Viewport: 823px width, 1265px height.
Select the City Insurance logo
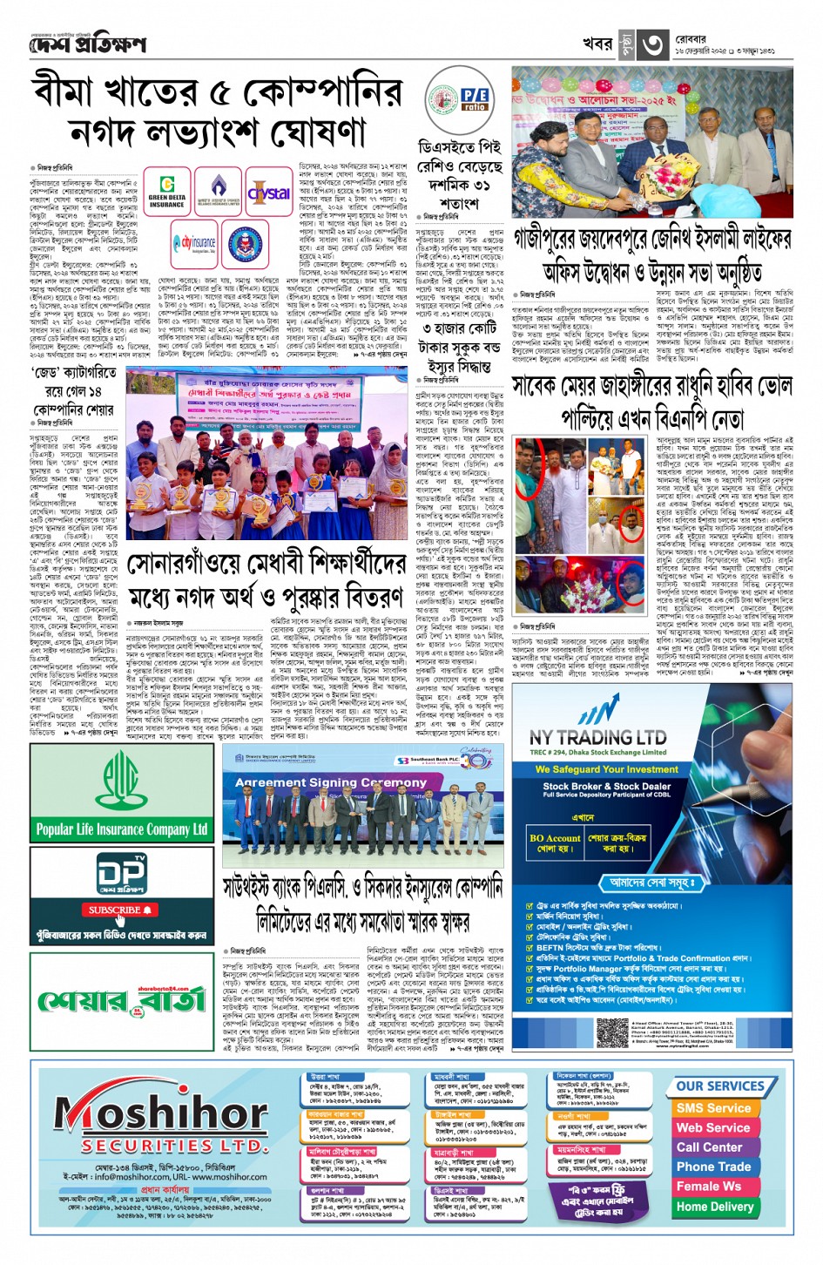[194, 243]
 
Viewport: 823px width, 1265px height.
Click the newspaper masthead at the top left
[87, 44]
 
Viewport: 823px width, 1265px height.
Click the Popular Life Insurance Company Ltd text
[121, 829]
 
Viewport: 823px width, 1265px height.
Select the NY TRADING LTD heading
[597, 737]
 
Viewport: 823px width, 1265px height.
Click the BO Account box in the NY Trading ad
[555, 843]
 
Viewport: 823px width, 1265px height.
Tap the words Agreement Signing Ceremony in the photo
[331, 783]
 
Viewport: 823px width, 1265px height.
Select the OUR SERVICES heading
[719, 1086]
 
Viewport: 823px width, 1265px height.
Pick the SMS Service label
[713, 1108]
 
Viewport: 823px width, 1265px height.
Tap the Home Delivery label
[714, 1207]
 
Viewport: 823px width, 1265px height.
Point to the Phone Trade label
[713, 1167]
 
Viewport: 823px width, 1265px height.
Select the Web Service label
[713, 1127]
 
